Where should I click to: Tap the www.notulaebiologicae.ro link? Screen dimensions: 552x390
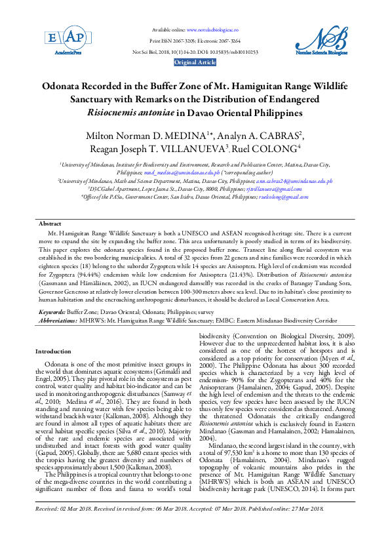(x=212, y=30)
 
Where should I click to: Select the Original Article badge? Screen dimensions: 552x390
(x=195, y=62)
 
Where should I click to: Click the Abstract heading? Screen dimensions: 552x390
(x=50, y=224)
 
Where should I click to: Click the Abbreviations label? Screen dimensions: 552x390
(x=58, y=321)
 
